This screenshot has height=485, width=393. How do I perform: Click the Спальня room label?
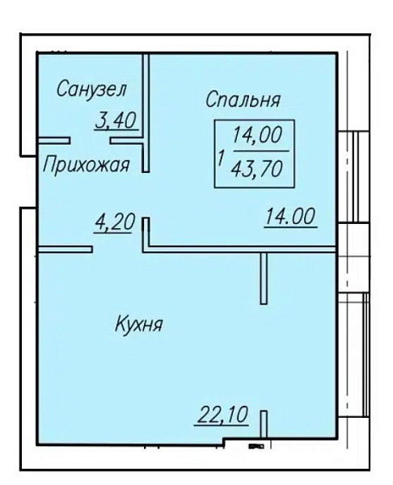click(x=243, y=100)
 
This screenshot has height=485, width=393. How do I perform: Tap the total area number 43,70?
click(x=260, y=169)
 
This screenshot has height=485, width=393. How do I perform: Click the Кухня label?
click(x=138, y=326)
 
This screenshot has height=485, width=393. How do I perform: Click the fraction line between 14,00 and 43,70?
click(x=259, y=151)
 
